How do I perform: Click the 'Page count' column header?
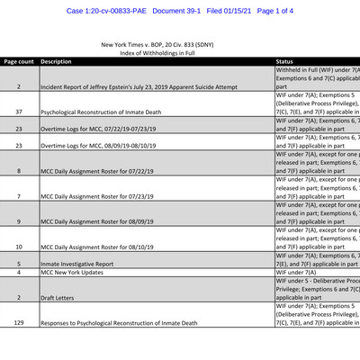18,62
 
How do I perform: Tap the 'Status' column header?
290,62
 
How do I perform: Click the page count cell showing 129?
19,321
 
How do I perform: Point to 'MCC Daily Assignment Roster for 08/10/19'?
99,246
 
